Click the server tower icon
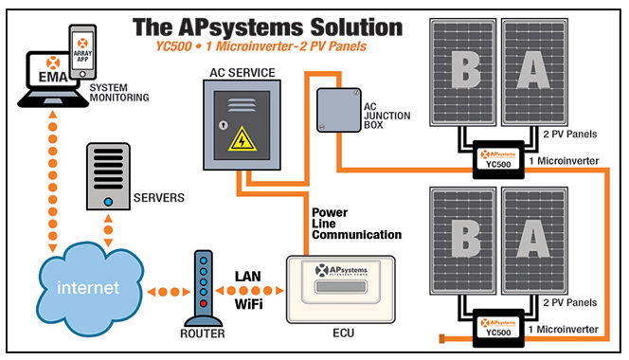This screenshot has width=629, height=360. click(109, 176)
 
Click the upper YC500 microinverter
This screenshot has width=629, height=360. click(499, 157)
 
